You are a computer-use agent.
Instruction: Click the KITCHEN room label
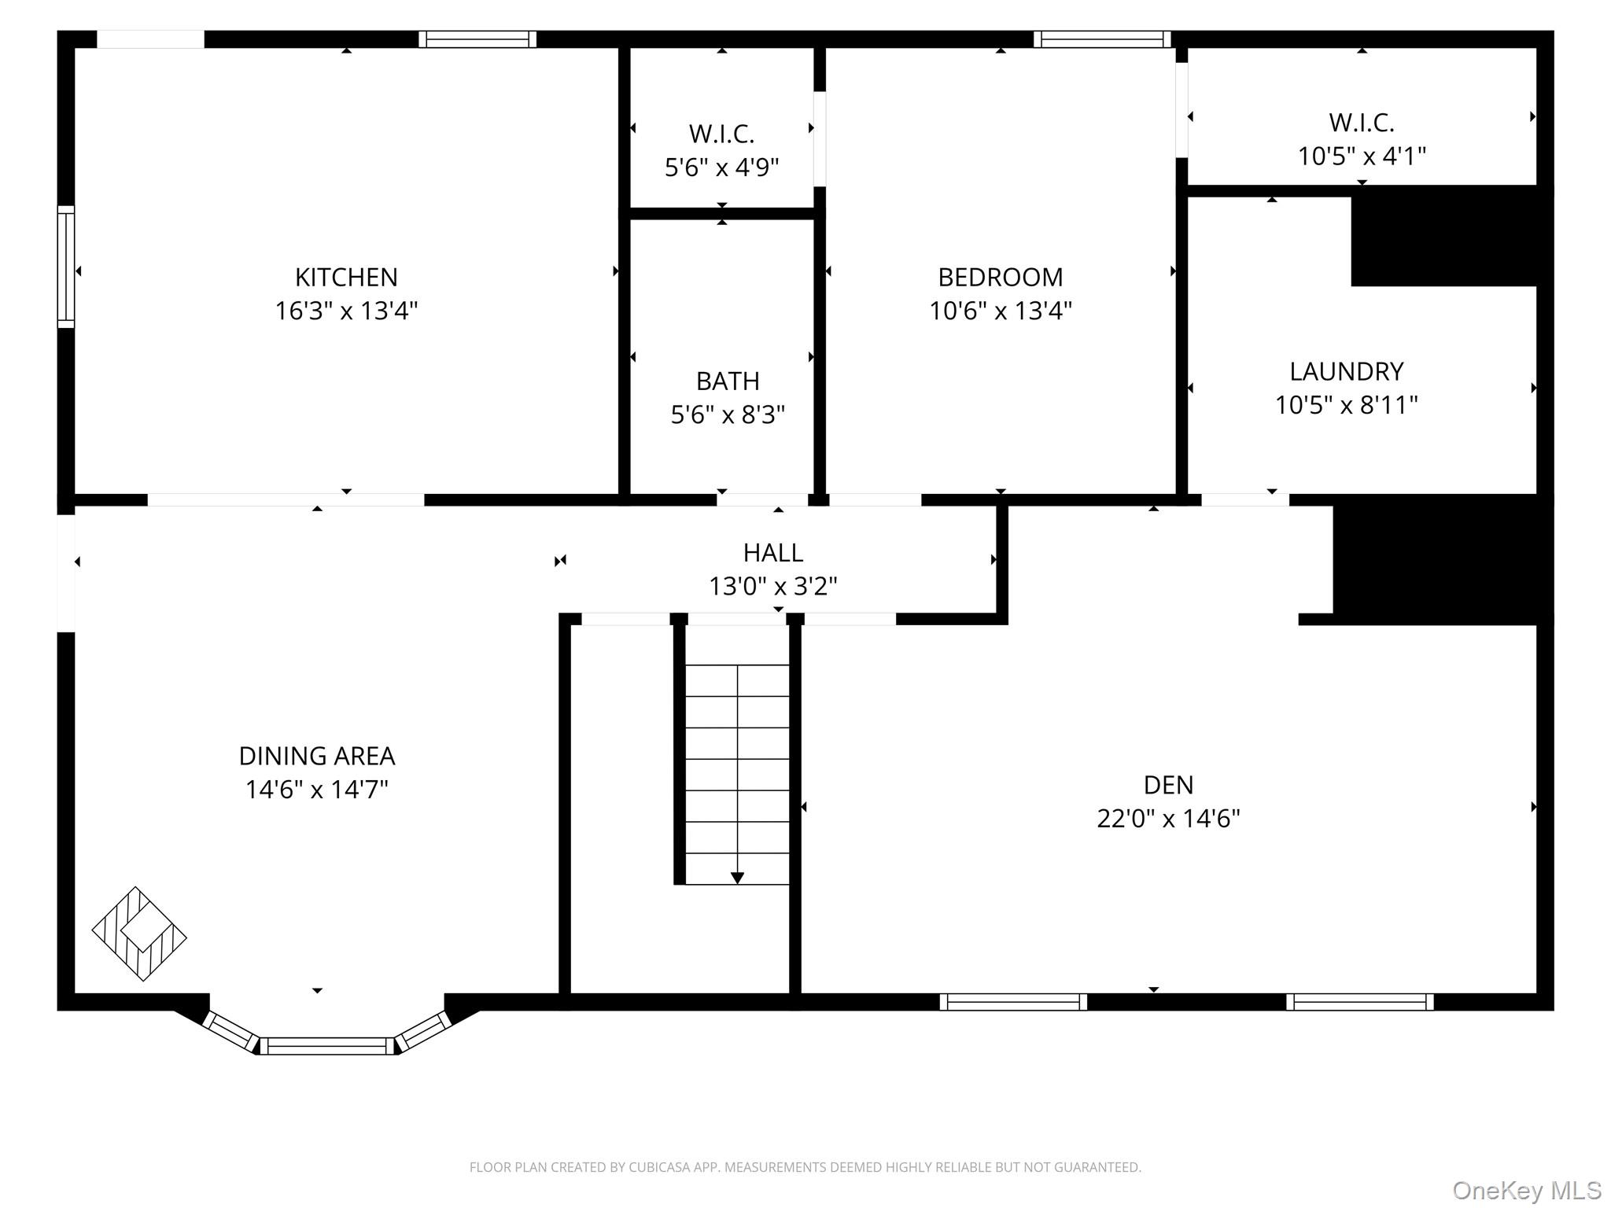click(346, 277)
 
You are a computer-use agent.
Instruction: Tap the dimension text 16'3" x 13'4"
click(346, 311)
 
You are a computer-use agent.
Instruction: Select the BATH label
click(728, 381)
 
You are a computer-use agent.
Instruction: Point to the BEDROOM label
click(1000, 277)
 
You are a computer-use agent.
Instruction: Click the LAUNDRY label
click(1346, 371)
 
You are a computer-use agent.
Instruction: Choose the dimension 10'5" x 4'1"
click(1362, 157)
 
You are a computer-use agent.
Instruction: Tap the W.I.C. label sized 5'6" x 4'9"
click(721, 134)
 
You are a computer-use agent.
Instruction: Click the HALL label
click(772, 553)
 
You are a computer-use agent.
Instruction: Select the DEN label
click(1168, 785)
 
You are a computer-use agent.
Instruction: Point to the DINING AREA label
click(317, 756)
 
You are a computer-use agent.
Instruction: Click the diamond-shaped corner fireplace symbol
click(139, 934)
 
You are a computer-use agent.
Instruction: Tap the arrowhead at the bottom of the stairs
click(737, 878)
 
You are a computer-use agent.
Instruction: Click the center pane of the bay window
click(326, 1046)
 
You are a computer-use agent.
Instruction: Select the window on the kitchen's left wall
click(66, 267)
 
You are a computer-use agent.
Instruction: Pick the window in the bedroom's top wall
click(1101, 39)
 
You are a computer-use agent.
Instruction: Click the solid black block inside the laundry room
click(1444, 237)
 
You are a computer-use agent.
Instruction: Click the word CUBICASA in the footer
click(658, 1168)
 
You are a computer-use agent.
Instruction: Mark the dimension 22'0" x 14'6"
click(1168, 819)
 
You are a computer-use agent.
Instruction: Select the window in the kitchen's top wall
click(477, 39)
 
